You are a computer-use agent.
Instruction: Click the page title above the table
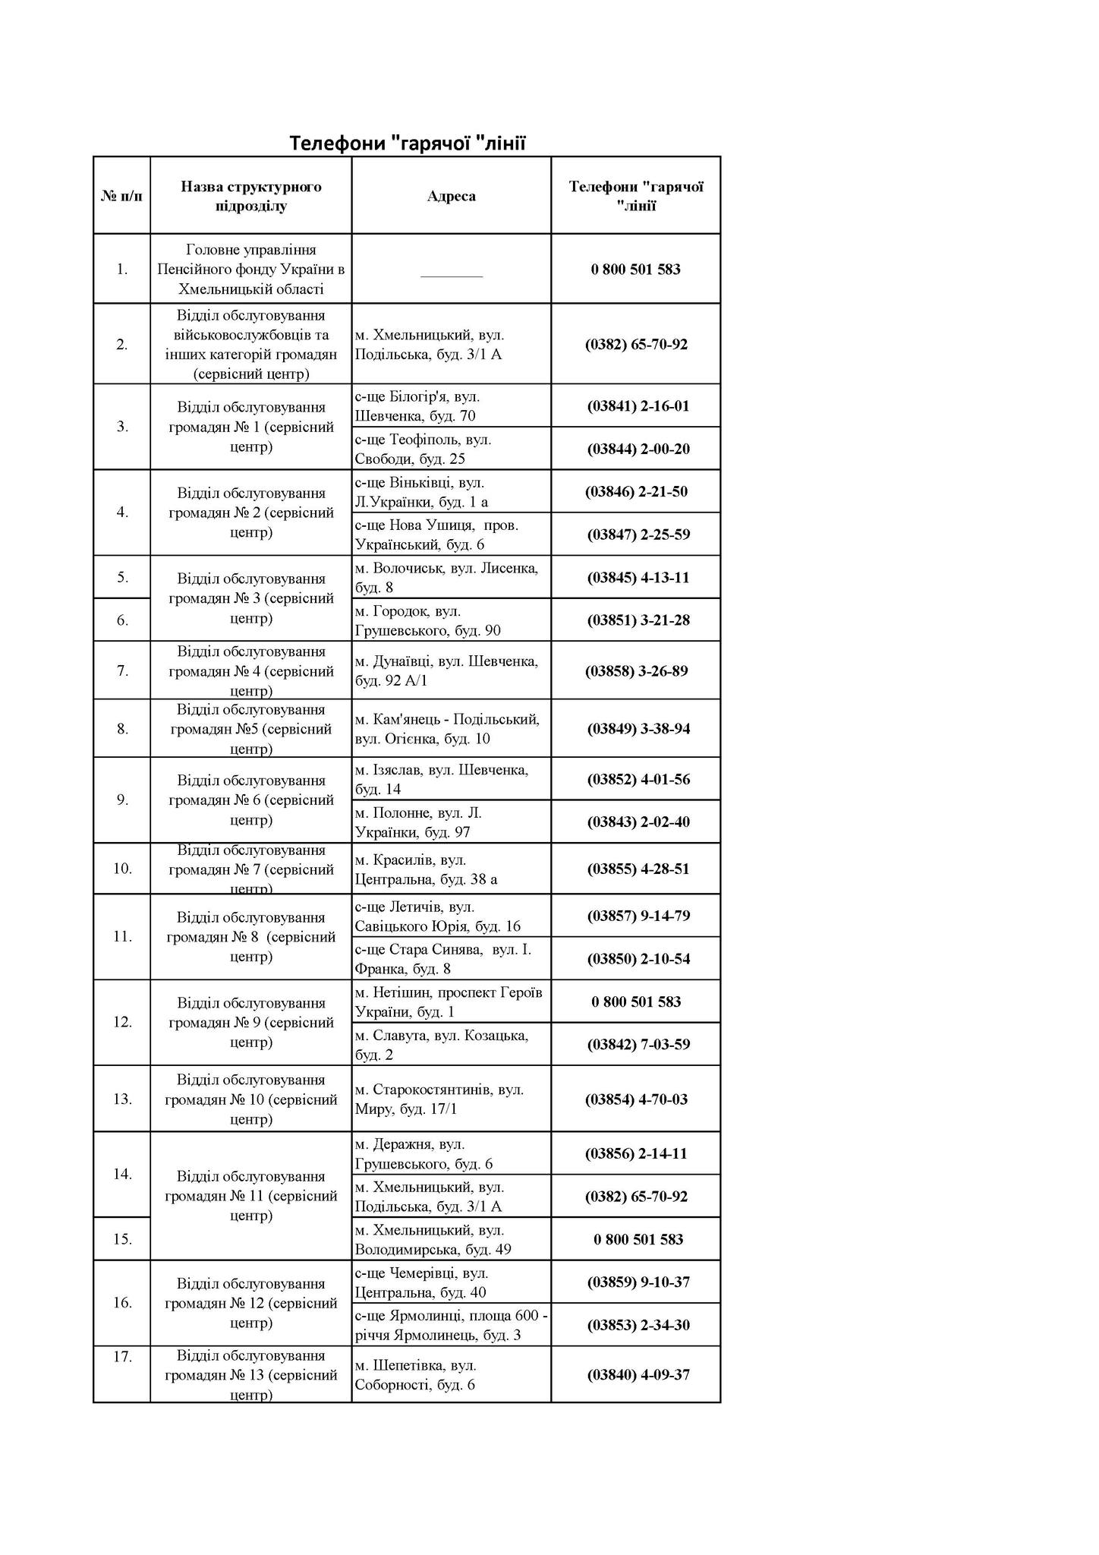407,143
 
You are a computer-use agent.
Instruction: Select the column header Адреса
451,196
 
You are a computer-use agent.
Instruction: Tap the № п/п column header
121,196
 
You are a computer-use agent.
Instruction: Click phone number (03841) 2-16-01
638,406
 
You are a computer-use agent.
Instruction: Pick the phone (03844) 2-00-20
638,449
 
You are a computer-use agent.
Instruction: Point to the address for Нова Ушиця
436,535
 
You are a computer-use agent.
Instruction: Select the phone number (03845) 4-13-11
638,578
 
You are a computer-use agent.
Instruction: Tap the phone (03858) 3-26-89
636,671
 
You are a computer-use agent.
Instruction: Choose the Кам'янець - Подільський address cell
447,729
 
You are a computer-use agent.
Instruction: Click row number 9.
122,800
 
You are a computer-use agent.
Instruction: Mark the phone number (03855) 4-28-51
638,869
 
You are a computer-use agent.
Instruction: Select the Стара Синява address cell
443,959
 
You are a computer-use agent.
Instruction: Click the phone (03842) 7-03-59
638,1045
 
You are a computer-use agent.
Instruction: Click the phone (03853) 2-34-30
638,1325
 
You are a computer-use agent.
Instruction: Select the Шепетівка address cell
416,1375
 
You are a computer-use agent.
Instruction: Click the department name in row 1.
250,270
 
